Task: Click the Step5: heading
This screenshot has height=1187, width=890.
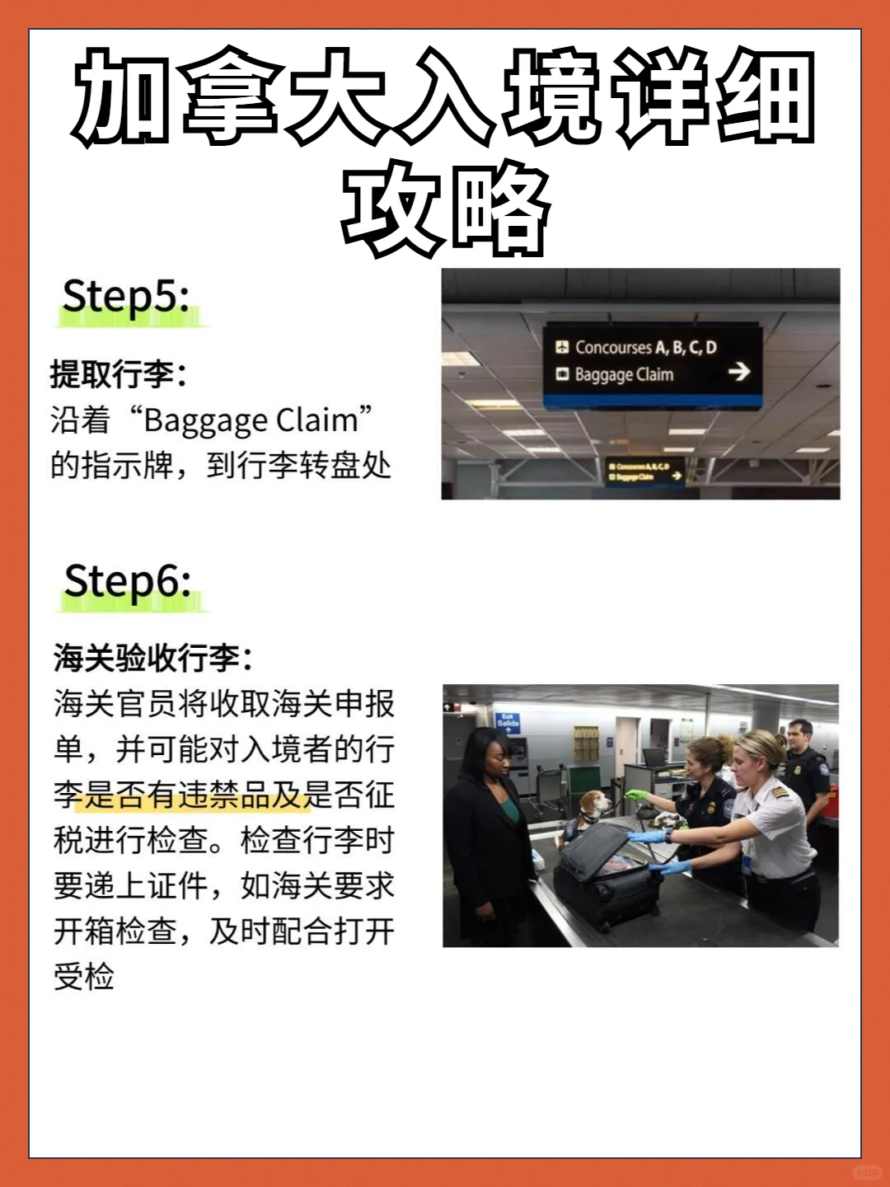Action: click(126, 297)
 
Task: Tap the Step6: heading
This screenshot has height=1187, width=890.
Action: click(128, 582)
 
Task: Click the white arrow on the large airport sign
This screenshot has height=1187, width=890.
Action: click(739, 372)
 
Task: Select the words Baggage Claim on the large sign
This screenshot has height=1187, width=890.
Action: click(624, 375)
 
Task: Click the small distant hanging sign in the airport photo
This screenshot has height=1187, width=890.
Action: click(645, 472)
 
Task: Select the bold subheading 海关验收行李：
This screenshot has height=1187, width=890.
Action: click(153, 659)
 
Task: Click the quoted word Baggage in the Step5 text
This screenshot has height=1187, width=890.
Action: click(205, 420)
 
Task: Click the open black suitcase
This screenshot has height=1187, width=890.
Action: click(605, 874)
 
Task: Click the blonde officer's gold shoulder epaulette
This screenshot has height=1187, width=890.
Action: click(778, 792)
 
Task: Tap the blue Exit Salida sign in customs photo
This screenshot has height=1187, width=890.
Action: click(508, 723)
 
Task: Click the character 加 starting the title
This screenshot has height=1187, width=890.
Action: click(124, 96)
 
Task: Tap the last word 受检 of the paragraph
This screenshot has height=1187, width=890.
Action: click(84, 978)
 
